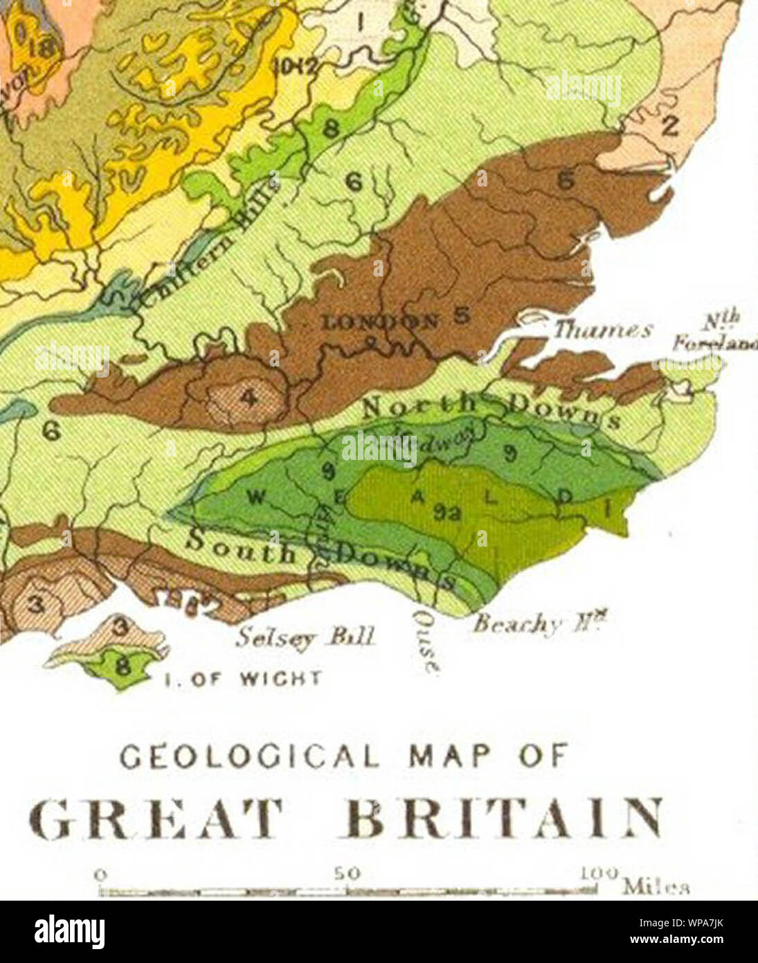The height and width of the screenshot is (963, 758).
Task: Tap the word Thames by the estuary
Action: tap(601, 330)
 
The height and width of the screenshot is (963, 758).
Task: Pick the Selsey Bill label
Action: tap(305, 636)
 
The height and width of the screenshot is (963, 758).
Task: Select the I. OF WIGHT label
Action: tap(242, 678)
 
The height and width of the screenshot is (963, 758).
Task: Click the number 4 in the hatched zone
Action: tap(248, 398)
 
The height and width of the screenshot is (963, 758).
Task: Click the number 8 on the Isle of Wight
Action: tap(123, 668)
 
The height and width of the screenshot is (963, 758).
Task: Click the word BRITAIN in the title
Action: tap(503, 819)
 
